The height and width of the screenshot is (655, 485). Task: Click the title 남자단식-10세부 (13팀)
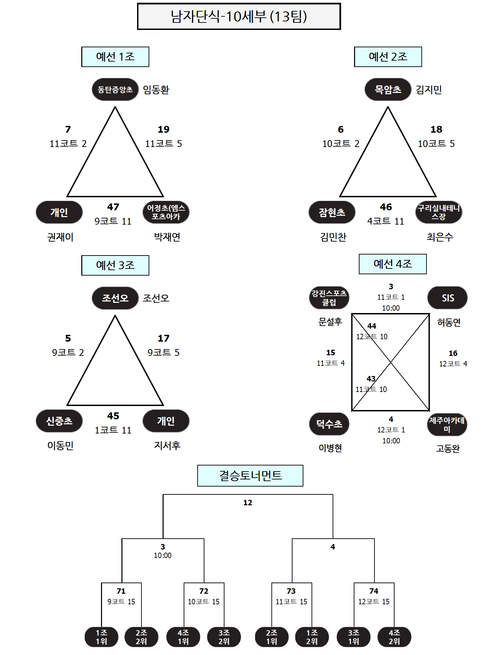[x=239, y=16]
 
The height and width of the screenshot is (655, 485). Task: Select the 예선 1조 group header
[x=115, y=57]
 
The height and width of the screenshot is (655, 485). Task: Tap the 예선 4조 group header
[x=393, y=264]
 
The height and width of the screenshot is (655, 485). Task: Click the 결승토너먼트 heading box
[x=250, y=476]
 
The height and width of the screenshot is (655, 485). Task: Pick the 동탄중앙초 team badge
[x=115, y=89]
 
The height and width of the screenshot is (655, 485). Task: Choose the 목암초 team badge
[x=388, y=89]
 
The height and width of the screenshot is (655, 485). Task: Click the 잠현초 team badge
[x=332, y=212]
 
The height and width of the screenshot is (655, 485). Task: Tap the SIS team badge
[x=448, y=298]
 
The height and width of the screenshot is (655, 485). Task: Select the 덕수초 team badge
[x=329, y=424]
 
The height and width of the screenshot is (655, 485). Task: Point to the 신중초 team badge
[x=59, y=421]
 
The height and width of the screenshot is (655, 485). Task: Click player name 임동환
[x=156, y=90]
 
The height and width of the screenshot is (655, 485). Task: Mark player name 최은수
[x=440, y=237]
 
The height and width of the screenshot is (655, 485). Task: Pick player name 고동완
[x=448, y=448]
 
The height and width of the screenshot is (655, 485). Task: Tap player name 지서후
[x=167, y=445]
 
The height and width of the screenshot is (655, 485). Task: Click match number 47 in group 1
[x=113, y=207]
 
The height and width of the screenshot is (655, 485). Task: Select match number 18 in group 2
[x=436, y=129]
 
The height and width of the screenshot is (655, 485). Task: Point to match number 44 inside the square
[x=372, y=326]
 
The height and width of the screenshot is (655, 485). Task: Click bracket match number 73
[x=291, y=591]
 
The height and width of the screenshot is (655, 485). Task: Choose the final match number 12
[x=248, y=503]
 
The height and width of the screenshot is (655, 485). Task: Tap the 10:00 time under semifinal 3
[x=163, y=555]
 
